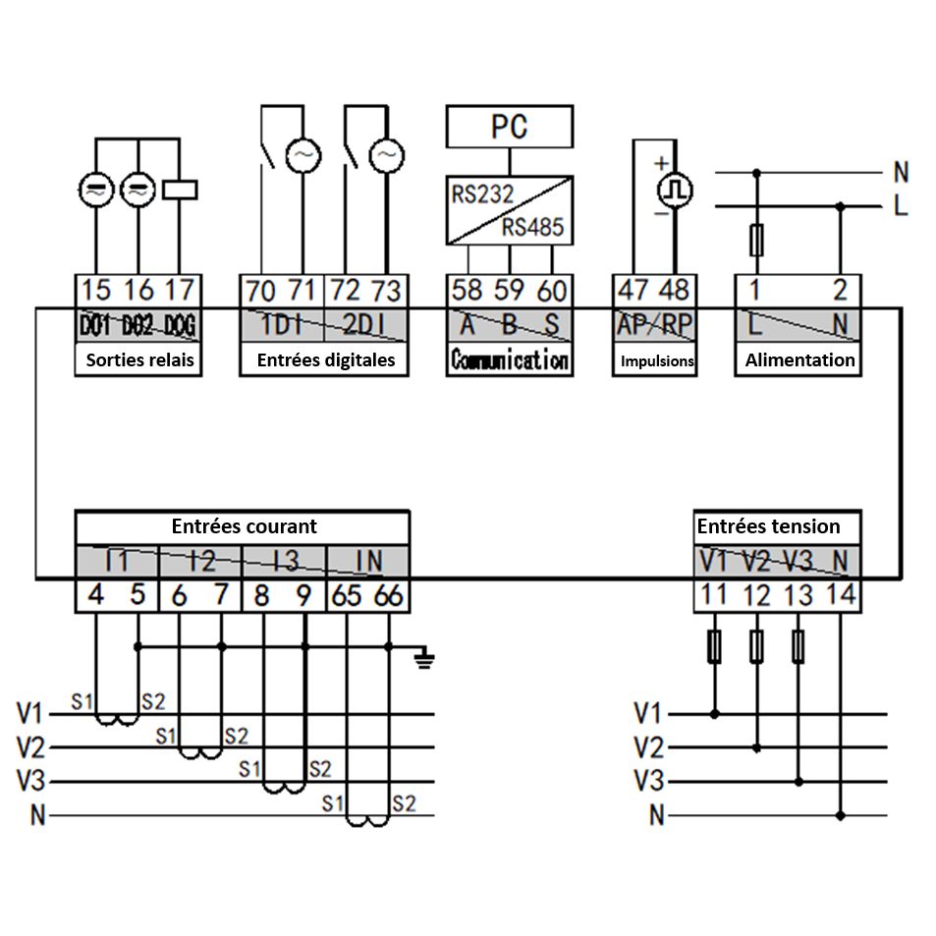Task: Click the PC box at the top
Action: point(509,127)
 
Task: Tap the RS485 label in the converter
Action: point(533,228)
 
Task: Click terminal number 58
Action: point(468,290)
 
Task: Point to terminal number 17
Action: point(180,290)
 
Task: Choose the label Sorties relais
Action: point(139,360)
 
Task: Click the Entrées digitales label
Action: point(326,360)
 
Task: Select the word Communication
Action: point(509,360)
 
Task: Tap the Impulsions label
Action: point(657,361)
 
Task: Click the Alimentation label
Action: point(799,360)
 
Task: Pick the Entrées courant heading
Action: point(244,526)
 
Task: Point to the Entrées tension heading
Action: point(768,526)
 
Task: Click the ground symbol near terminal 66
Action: point(424,658)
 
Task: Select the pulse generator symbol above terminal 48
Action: point(675,187)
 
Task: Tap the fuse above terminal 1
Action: point(756,239)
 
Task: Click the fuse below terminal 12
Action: point(756,645)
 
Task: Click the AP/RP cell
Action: point(654,325)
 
